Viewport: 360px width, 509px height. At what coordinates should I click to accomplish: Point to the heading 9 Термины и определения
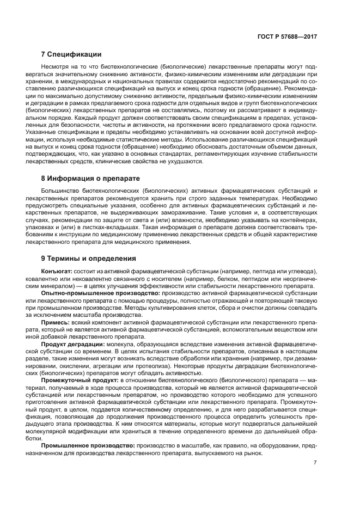tap(89, 258)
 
